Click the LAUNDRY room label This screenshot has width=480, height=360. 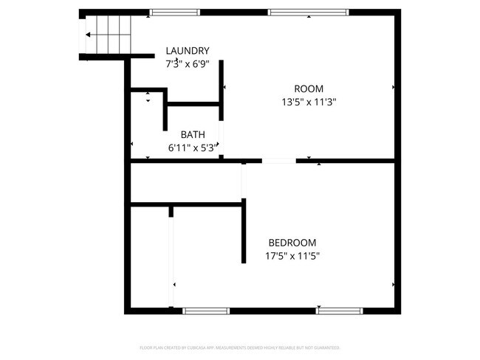[x=188, y=51]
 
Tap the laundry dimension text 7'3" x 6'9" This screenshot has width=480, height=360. [x=188, y=63]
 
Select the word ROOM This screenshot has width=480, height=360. [x=309, y=89]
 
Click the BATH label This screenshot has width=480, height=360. [x=193, y=135]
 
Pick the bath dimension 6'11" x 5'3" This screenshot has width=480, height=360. [x=194, y=148]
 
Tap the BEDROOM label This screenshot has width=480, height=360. [x=292, y=243]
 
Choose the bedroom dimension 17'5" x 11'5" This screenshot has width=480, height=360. [x=292, y=256]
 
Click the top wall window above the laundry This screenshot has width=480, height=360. [x=174, y=12]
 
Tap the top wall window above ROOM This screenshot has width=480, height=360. [x=307, y=12]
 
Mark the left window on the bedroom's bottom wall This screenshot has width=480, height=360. [x=207, y=311]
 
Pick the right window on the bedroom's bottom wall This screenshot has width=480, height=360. [x=340, y=311]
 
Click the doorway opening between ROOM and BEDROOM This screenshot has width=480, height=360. [x=279, y=160]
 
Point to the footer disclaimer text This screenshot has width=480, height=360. [x=239, y=347]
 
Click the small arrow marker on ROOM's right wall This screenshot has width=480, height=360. [x=394, y=87]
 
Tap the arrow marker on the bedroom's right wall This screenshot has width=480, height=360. [x=394, y=285]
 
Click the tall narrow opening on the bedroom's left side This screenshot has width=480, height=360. [x=172, y=262]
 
